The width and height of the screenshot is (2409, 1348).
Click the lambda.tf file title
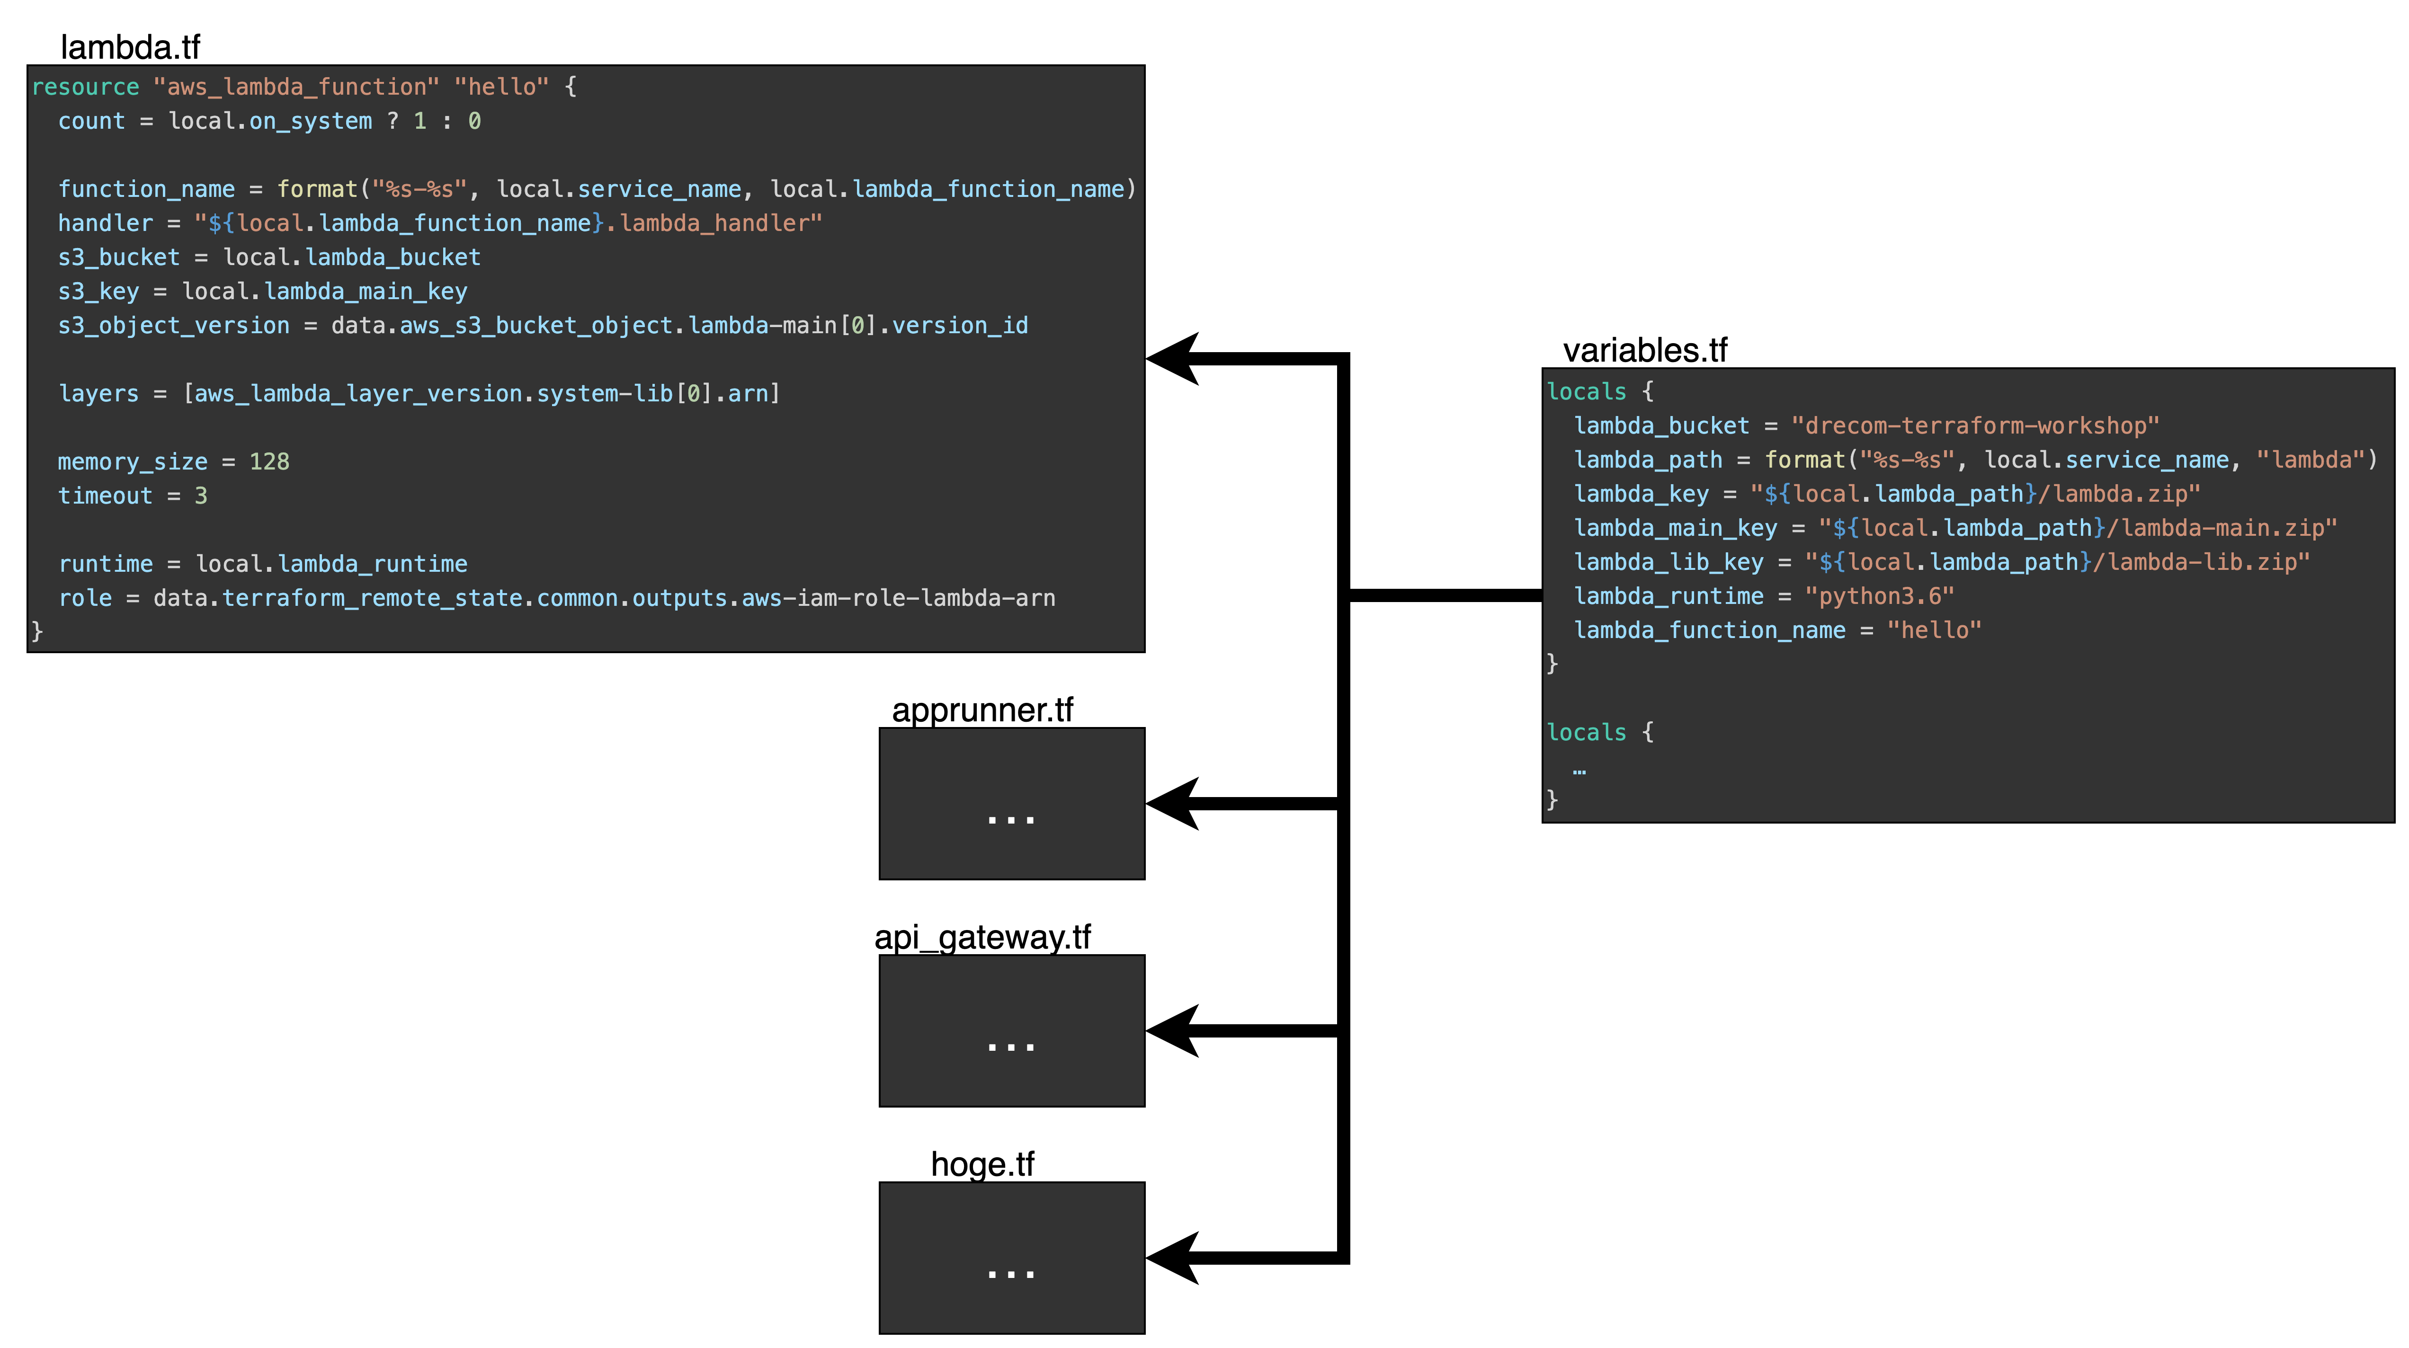click(130, 47)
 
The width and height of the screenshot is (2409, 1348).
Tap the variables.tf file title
click(1645, 351)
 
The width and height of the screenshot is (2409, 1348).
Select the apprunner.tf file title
click(982, 710)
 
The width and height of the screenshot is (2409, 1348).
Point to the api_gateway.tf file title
click(982, 938)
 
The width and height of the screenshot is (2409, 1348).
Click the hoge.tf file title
click(982, 1165)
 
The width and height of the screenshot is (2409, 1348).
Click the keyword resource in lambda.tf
click(85, 87)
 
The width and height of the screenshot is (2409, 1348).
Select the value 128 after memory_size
click(269, 462)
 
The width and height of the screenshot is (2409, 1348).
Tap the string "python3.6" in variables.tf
click(1880, 596)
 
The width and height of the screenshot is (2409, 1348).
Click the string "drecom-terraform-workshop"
click(1975, 426)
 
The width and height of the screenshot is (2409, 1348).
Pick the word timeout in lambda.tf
click(105, 497)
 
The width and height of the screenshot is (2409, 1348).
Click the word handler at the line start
click(105, 223)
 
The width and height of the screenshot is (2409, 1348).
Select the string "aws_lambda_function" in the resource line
click(295, 87)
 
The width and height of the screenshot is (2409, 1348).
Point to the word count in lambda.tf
click(91, 122)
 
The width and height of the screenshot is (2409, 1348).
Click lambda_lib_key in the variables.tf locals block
click(1668, 563)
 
